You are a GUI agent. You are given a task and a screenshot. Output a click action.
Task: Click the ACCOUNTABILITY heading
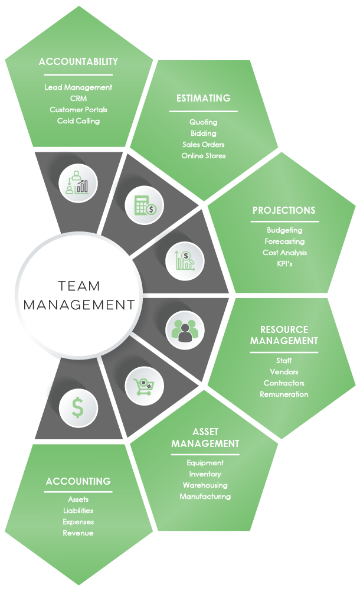78,61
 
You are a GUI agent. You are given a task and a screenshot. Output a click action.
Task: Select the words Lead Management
78,87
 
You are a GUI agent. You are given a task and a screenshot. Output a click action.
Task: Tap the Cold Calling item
78,121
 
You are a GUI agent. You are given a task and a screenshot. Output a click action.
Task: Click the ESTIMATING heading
204,98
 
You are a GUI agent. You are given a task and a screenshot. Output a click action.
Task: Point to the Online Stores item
204,156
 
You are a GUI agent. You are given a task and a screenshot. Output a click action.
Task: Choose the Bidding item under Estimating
204,133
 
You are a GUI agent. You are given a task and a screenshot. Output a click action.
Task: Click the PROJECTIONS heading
284,210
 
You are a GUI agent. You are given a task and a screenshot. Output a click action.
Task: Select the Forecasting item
284,241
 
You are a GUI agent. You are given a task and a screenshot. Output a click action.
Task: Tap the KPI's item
284,264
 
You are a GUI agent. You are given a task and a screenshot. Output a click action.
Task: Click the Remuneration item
284,394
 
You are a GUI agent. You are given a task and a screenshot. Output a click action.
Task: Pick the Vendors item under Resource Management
284,372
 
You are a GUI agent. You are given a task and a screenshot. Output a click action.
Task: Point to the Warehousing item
205,485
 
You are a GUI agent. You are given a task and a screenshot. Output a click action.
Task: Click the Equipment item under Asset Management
205,463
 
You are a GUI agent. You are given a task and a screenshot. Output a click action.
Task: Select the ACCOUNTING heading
78,481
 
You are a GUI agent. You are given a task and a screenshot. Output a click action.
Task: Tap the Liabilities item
78,511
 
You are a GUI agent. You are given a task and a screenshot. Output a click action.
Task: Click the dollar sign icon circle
78,407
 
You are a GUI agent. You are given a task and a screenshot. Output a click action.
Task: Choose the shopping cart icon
142,386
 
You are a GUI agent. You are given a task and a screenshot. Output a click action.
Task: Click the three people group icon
185,329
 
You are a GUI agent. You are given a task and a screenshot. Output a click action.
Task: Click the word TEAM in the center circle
79,286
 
